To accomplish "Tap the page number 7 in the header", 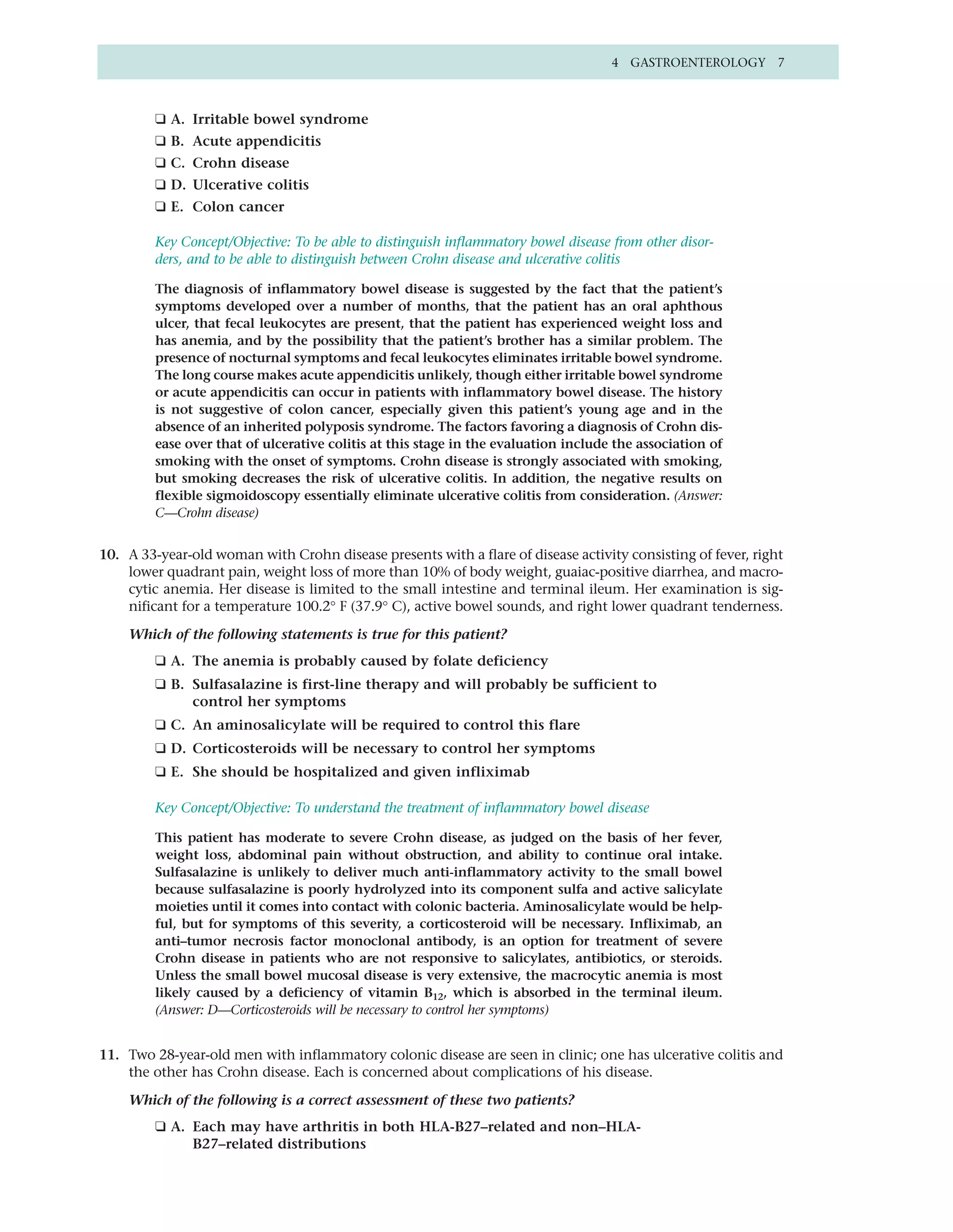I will click(x=781, y=63).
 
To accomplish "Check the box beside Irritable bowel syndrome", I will click(x=161, y=119).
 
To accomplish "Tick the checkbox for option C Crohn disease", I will click(x=161, y=163).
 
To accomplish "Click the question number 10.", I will click(x=109, y=555).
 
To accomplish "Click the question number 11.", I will click(x=109, y=1055).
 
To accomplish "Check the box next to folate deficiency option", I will click(x=161, y=661).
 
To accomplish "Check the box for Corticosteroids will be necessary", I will click(x=161, y=748).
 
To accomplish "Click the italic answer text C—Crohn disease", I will click(x=207, y=513).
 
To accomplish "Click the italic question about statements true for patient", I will click(x=318, y=634).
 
